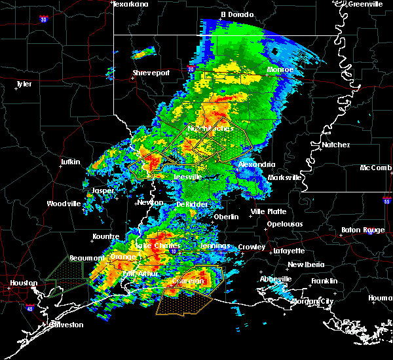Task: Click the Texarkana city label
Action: coord(130,4)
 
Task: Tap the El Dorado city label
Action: coord(236,14)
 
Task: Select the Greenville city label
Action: coord(365,4)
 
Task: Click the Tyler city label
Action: coord(24,84)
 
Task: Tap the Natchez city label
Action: coord(335,145)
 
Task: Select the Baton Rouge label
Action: coord(364,230)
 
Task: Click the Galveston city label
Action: coord(67,325)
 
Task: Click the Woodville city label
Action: coord(64,204)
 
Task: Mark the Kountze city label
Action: coord(105,236)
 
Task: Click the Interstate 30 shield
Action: coord(44,20)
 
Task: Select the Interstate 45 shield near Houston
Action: coord(29,306)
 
